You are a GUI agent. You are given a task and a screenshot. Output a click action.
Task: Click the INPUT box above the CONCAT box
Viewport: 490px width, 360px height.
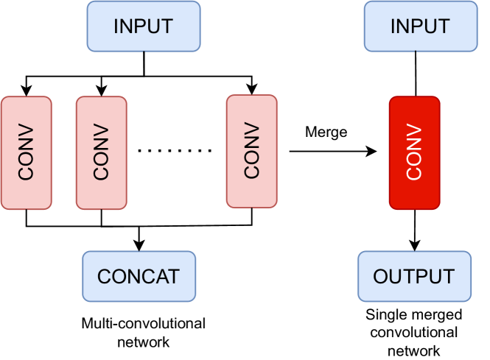(143, 27)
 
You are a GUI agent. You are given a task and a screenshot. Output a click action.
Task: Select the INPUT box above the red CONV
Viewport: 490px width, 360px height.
(419, 27)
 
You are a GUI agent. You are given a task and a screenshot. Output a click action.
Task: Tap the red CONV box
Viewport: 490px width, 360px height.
(414, 152)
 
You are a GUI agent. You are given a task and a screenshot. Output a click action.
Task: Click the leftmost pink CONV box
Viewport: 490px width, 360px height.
(27, 152)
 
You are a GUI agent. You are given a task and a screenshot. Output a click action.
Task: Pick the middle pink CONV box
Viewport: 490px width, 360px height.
(101, 152)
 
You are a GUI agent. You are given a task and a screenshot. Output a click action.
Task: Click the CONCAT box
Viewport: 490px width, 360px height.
(139, 276)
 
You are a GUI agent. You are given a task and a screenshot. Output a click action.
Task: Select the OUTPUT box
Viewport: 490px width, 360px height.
(414, 276)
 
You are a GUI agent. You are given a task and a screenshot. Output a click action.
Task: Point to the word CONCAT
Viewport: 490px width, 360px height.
(139, 277)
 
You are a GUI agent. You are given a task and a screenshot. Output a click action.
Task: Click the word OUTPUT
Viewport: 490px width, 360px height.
(414, 277)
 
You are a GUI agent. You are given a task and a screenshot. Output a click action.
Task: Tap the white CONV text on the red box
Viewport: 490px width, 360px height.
(414, 152)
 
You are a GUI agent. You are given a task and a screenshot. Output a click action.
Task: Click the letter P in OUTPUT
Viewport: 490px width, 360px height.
(421, 277)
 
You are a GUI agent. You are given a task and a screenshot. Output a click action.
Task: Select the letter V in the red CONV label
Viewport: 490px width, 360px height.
(414, 131)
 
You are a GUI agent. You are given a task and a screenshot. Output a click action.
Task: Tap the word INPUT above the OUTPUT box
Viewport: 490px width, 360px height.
(419, 27)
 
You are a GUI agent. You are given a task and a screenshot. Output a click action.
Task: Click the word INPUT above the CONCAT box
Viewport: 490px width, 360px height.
(143, 27)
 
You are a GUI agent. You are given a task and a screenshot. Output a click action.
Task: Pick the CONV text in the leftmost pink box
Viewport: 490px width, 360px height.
(27, 152)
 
